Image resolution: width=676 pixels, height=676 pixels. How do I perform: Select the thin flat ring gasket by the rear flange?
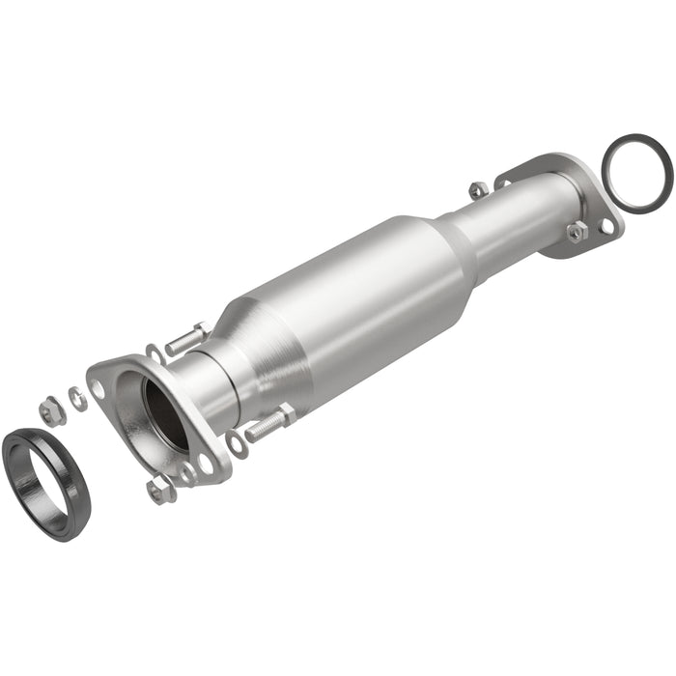(x=636, y=173)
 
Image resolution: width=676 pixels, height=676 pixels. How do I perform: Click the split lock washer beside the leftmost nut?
(x=77, y=398)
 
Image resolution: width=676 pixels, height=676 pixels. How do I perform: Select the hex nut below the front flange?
(x=160, y=491)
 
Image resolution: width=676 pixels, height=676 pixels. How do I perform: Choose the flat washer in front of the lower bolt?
(x=237, y=444)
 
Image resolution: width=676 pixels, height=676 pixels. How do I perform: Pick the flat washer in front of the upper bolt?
(x=155, y=354)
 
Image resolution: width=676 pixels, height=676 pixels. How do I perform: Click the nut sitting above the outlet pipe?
(x=476, y=189)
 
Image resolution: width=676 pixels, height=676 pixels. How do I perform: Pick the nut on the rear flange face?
(x=576, y=232)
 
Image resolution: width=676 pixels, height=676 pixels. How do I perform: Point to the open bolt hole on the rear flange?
(x=606, y=225)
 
